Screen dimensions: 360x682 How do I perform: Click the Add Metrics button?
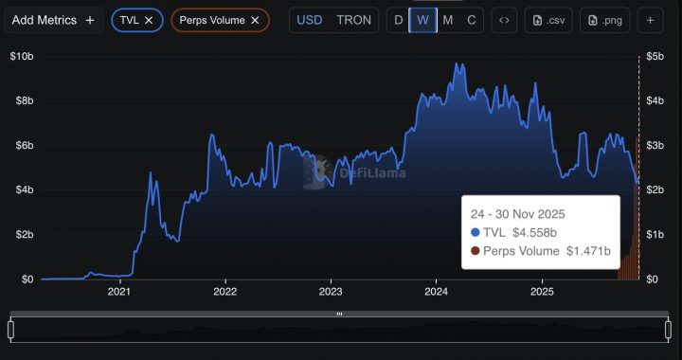[53, 20]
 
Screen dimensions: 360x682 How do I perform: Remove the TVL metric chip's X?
[149, 20]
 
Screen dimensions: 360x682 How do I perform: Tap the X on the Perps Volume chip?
[255, 20]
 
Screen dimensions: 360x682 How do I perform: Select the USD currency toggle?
[310, 20]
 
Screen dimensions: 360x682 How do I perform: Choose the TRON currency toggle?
[353, 20]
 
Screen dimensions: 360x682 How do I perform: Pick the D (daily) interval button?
[398, 20]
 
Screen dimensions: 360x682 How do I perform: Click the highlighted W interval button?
[422, 20]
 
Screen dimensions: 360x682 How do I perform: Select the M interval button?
[447, 20]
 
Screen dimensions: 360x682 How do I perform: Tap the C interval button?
[471, 20]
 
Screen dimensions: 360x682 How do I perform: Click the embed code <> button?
[505, 20]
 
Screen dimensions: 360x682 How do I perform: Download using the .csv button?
[548, 20]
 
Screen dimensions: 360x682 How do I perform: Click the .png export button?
[605, 20]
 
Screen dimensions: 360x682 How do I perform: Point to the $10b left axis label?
[22, 56]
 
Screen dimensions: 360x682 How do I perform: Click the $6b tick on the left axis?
[22, 145]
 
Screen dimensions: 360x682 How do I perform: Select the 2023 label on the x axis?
[330, 292]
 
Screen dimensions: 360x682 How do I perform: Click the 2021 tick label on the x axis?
[118, 292]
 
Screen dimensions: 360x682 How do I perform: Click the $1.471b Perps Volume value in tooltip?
[587, 251]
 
